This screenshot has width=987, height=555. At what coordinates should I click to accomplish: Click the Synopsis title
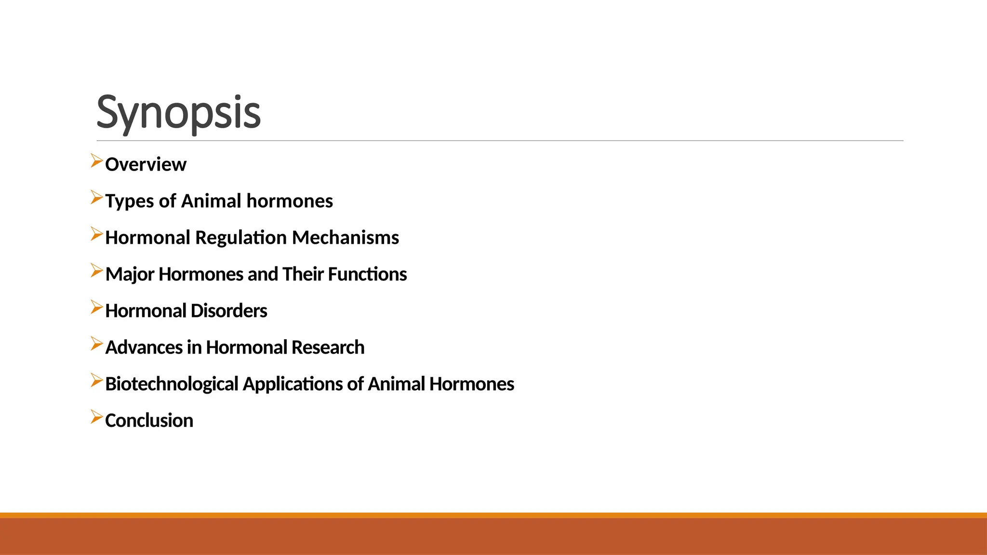coord(178,112)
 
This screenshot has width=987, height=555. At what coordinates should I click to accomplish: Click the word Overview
coord(146,165)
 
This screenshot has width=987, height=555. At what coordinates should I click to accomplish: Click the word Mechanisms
coord(345,238)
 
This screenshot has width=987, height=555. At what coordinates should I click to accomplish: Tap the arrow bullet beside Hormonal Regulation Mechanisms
coord(96,234)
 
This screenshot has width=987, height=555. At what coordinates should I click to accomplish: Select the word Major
coord(130,275)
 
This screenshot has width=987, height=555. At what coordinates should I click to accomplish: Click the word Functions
coord(367,274)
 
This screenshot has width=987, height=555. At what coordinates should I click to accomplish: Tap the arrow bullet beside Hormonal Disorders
coord(96,307)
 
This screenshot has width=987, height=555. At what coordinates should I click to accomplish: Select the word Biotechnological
coord(172,384)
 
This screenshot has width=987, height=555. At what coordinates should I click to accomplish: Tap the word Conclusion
coord(149,421)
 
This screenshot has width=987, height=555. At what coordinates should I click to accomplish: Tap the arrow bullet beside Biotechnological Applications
coord(96,381)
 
